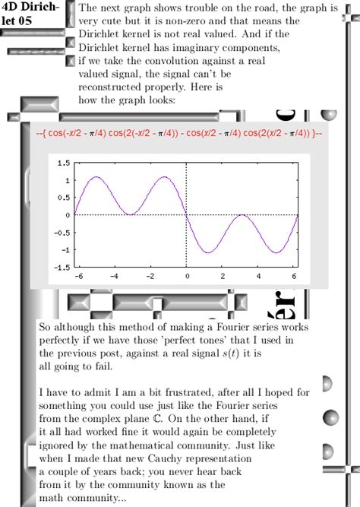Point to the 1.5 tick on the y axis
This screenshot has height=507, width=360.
pyautogui.click(x=63, y=163)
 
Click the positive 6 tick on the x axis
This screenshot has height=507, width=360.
pyautogui.click(x=294, y=277)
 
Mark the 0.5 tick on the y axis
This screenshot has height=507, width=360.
pyautogui.click(x=63, y=198)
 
